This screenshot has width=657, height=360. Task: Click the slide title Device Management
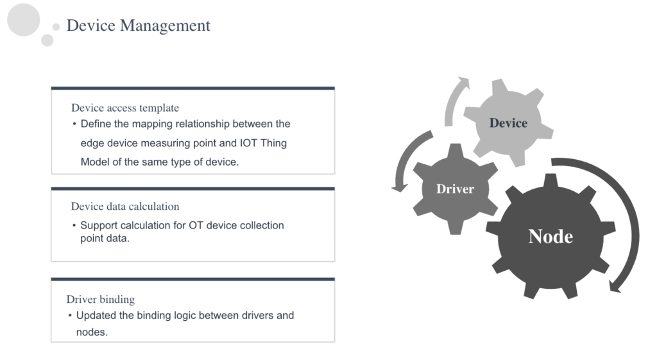coord(139,26)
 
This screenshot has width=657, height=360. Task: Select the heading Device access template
coord(125,108)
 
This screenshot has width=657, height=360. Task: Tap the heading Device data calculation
coord(125,206)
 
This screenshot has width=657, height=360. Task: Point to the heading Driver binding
coord(101,299)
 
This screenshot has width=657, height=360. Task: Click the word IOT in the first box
coord(248,143)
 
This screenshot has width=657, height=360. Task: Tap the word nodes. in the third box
coord(92,332)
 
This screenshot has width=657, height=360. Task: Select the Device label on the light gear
coord(508,123)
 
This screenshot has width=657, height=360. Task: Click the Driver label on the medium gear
coord(455,189)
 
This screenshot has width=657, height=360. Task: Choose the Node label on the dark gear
coord(550,237)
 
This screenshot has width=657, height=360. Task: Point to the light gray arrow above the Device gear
coord(455,101)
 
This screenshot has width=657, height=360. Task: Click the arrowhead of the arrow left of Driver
coord(400,188)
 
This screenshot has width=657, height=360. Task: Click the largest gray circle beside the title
coord(24,20)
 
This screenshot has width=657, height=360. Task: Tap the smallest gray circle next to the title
coord(56,27)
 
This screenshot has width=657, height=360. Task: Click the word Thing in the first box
coord(273,143)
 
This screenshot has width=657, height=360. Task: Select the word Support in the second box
coord(99,225)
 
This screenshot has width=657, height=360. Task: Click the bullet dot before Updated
coord(70,316)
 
